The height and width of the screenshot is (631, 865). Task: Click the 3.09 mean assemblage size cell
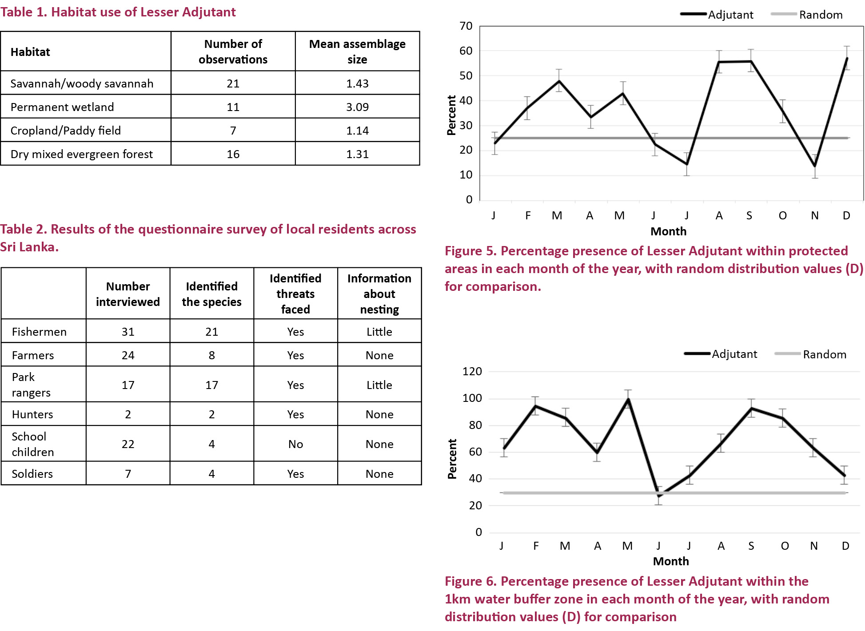pyautogui.click(x=357, y=107)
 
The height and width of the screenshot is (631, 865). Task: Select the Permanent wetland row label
pyautogui.click(x=62, y=107)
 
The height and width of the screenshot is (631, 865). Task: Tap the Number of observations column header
pyautogui.click(x=233, y=52)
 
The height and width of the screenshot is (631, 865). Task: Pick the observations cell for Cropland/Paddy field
pyautogui.click(x=233, y=131)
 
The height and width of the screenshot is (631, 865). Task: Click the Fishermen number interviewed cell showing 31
pyautogui.click(x=128, y=332)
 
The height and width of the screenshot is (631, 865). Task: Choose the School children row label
pyautogui.click(x=33, y=444)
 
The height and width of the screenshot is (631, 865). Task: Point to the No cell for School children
pyautogui.click(x=295, y=444)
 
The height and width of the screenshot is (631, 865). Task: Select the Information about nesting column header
pyautogui.click(x=379, y=294)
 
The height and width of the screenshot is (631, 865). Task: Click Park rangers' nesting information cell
pyautogui.click(x=379, y=385)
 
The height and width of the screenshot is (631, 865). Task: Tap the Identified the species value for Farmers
pyautogui.click(x=211, y=355)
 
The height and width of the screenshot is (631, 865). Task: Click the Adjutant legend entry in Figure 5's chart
pyautogui.click(x=717, y=15)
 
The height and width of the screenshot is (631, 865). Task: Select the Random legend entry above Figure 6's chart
pyautogui.click(x=810, y=354)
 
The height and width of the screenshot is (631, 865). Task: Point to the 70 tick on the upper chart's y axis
pyautogui.click(x=466, y=26)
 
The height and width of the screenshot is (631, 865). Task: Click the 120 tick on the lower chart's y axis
pyautogui.click(x=472, y=371)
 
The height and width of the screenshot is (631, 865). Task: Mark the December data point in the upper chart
pyautogui.click(x=847, y=58)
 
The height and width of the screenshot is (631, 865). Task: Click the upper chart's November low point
pyautogui.click(x=815, y=166)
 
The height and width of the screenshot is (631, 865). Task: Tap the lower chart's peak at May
pyautogui.click(x=628, y=399)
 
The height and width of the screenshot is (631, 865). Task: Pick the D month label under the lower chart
pyautogui.click(x=845, y=546)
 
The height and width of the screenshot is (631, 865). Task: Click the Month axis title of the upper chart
pyautogui.click(x=668, y=231)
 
